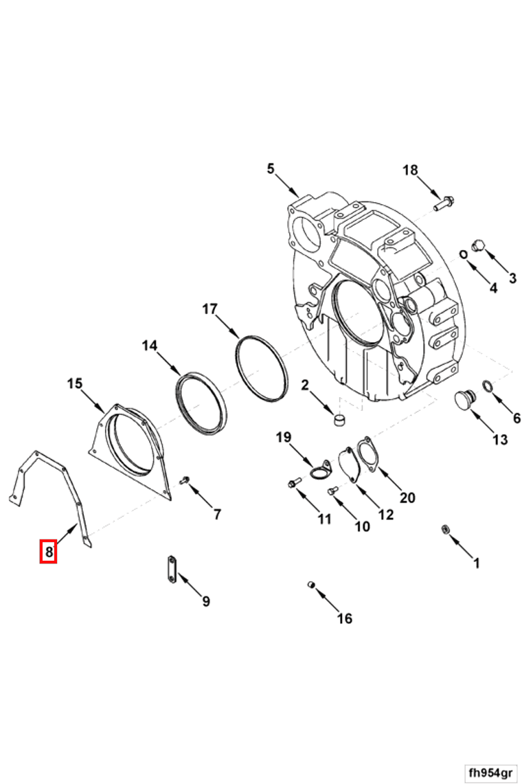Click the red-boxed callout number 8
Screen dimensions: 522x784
(49, 552)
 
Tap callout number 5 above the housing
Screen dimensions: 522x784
(271, 169)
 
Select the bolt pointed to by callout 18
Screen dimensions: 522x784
(444, 203)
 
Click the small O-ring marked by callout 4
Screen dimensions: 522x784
(464, 254)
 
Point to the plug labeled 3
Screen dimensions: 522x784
(479, 245)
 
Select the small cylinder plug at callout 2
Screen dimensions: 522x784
(339, 418)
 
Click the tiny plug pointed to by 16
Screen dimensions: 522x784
(311, 585)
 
